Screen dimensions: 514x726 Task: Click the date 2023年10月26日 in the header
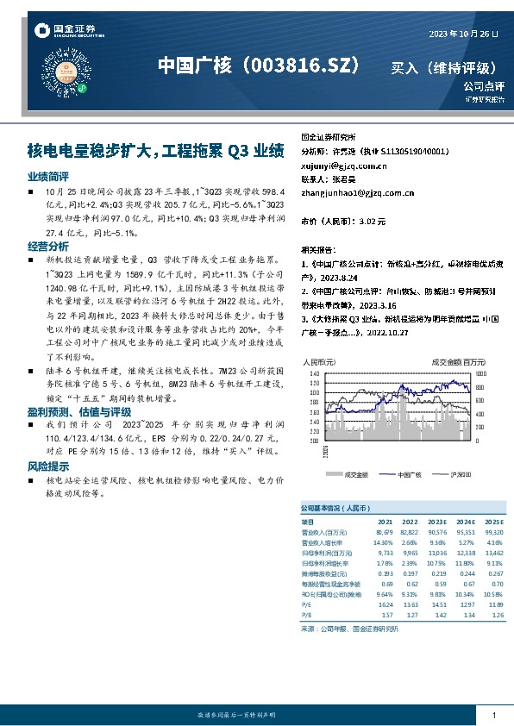464,34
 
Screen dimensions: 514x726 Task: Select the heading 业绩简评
48,175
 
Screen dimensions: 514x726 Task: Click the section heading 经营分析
48,247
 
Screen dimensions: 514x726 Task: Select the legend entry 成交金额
354,475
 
